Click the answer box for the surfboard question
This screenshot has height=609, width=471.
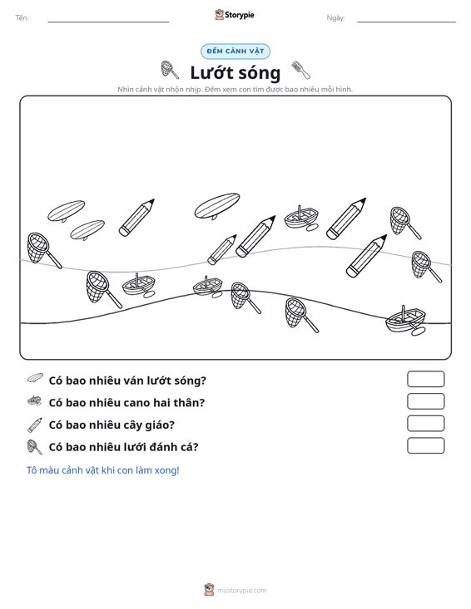click(x=425, y=379)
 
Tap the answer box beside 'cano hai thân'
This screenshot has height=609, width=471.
click(x=425, y=401)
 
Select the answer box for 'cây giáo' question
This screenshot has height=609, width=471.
click(x=425, y=424)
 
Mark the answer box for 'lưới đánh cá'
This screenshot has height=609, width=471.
click(x=425, y=445)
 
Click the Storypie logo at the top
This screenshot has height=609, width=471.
click(x=234, y=15)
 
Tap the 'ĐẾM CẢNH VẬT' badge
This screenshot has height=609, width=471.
click(x=235, y=52)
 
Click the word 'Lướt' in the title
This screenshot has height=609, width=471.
click(x=212, y=72)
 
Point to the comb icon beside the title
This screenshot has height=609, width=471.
click(x=301, y=70)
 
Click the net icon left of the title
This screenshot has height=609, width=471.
click(x=170, y=70)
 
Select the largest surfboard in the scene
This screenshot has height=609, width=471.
click(x=217, y=205)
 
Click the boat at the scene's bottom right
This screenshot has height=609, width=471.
click(x=405, y=321)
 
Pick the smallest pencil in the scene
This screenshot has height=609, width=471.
click(x=222, y=249)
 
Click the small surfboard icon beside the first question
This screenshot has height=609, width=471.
click(x=36, y=378)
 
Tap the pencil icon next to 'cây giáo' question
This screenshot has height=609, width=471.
click(x=35, y=425)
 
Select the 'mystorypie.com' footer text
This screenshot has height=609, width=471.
click(x=242, y=591)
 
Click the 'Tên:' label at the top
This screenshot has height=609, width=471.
click(x=22, y=18)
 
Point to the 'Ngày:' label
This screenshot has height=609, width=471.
click(x=335, y=18)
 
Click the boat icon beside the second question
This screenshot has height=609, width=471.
click(x=35, y=400)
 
